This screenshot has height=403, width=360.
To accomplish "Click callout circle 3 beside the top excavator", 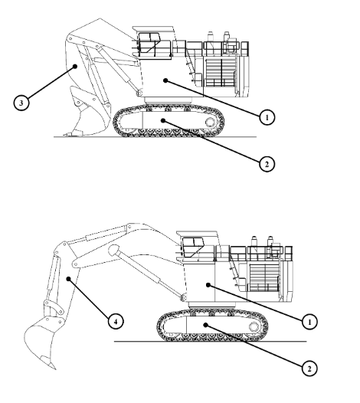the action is click(21, 103).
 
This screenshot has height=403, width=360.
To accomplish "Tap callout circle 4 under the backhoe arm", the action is click(116, 322).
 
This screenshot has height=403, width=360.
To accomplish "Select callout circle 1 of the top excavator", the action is click(267, 117).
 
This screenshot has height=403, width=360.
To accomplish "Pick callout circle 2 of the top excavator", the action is click(267, 164).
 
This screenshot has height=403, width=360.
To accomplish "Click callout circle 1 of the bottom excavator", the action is click(309, 322).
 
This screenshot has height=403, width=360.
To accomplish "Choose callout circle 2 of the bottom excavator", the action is click(309, 369).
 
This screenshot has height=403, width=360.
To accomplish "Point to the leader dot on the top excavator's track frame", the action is click(163, 120).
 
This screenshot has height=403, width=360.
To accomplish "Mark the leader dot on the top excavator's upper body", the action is click(165, 80).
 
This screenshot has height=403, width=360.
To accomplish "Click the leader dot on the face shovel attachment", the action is click(75, 67).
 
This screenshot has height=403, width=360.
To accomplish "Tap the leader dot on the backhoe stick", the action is click(68, 279).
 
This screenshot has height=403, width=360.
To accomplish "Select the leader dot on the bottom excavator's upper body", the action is click(208, 284).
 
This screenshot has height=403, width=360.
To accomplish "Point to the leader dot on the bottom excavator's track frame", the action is click(205, 325).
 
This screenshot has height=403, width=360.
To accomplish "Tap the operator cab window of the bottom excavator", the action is click(193, 247).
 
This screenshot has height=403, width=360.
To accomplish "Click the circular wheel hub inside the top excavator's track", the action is click(210, 122).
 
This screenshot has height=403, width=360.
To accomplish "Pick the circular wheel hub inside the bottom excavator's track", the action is click(254, 326).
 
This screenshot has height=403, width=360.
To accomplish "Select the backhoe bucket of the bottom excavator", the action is click(42, 342).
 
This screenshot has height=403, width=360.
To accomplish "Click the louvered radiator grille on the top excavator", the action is click(221, 72).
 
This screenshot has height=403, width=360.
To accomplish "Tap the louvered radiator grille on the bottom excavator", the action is click(264, 277).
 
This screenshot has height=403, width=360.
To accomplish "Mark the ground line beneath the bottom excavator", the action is click(210, 342).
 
